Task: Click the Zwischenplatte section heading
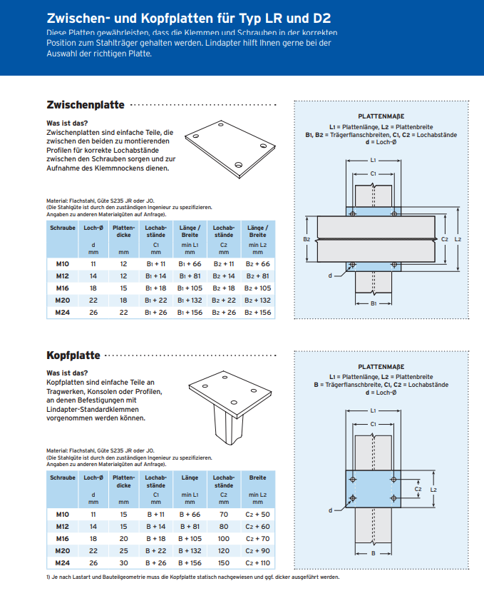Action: coord(85,105)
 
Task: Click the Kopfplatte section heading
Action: coord(73,355)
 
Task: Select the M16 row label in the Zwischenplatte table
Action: coord(62,288)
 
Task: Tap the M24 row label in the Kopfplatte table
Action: coord(62,563)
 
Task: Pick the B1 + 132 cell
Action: coord(190,300)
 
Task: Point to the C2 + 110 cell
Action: coord(257,563)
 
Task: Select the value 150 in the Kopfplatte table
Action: coord(224,563)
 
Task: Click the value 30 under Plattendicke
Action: coord(123,563)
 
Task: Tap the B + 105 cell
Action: coord(190,538)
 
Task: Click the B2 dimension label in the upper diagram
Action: coord(307,239)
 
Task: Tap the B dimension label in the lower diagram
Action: coord(373,553)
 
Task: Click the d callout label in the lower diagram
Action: coord(330,510)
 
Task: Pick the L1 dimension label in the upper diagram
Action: coord(373,161)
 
